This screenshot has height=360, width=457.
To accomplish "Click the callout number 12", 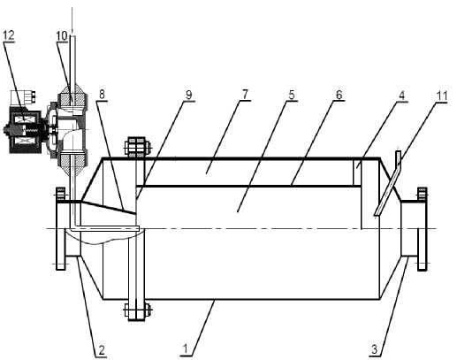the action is [9, 35].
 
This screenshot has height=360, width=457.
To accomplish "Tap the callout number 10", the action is [62, 36].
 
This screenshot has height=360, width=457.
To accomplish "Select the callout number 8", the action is [102, 95].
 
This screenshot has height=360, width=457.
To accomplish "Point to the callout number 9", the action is [188, 95].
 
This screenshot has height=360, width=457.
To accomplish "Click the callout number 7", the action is [245, 95].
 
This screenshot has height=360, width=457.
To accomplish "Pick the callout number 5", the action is [292, 95].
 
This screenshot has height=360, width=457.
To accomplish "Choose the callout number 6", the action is [339, 95].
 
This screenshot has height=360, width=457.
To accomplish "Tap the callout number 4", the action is [402, 96].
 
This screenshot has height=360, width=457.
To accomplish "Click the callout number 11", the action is [442, 96].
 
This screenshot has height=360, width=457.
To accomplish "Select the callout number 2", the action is [101, 350].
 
